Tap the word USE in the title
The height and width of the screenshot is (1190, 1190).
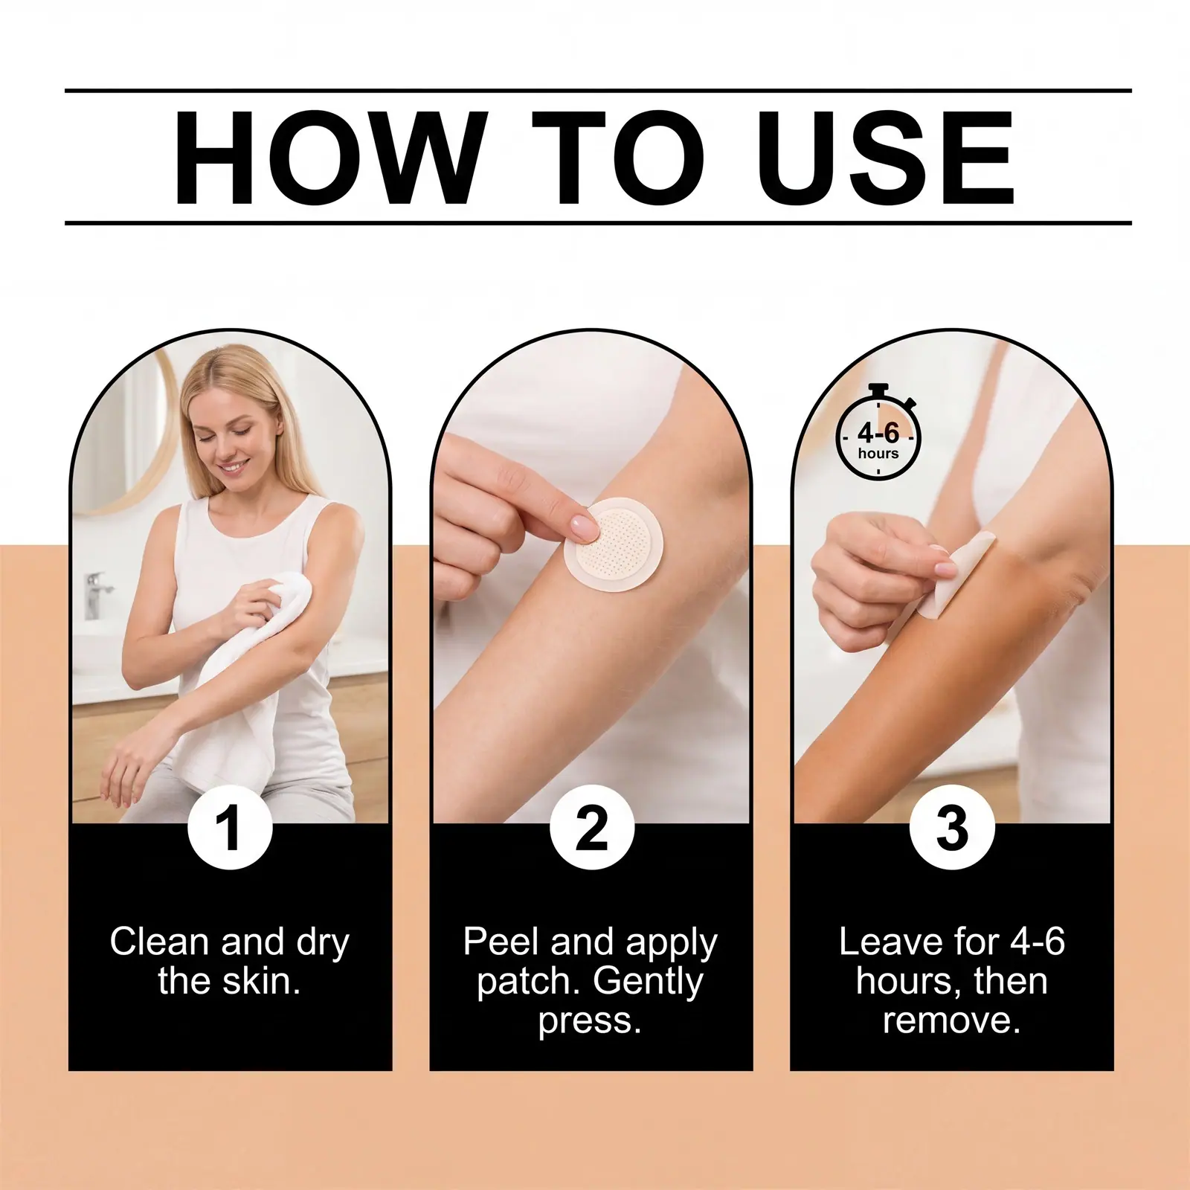click(x=885, y=157)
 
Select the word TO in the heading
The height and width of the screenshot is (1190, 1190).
click(x=618, y=157)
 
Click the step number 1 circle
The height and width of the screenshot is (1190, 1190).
click(x=230, y=827)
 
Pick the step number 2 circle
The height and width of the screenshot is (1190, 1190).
click(x=591, y=827)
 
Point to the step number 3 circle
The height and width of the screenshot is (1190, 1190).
click(x=952, y=827)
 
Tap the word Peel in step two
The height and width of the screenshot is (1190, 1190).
click(x=501, y=942)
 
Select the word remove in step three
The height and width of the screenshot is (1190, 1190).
click(x=952, y=1020)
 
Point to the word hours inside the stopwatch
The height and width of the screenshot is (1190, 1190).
click(x=878, y=454)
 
